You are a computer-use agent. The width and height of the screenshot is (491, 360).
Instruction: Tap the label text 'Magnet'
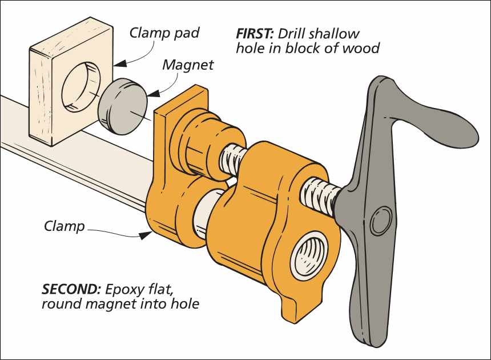coord(188,65)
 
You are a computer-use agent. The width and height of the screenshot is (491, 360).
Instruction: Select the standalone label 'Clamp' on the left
coord(64,226)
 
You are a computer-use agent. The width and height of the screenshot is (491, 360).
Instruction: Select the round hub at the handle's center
coord(379,222)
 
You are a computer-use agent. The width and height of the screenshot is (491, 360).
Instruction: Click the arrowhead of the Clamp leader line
coord(144,235)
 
